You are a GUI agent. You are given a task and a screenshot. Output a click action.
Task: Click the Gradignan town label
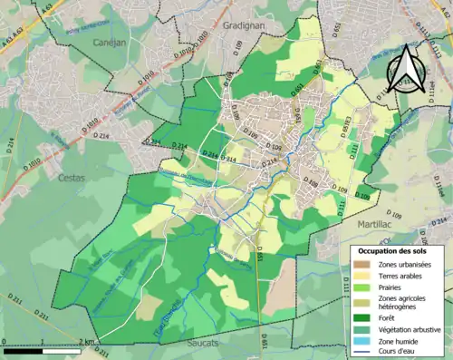pos(243,26)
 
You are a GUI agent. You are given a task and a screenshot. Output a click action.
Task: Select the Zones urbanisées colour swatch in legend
pos(361,263)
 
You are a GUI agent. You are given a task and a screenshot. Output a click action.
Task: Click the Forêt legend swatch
pos(361,316)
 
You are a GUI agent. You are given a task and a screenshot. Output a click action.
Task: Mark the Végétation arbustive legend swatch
pos(361,328)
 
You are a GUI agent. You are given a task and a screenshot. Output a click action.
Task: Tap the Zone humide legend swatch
pos(361,340)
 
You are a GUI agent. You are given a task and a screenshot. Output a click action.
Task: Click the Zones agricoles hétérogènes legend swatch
pos(361,301)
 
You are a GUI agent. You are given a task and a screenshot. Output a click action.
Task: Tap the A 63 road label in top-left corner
pos(47,6)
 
